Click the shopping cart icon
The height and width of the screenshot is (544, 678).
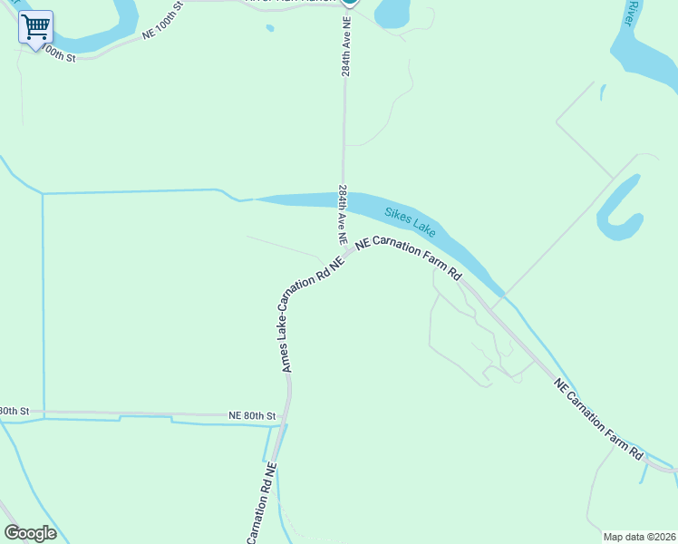tap(35, 27)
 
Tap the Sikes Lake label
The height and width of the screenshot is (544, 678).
tap(410, 222)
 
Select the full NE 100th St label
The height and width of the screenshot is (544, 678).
tap(163, 18)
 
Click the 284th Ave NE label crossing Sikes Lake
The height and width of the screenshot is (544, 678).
tap(344, 215)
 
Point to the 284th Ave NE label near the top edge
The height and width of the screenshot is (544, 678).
tap(345, 46)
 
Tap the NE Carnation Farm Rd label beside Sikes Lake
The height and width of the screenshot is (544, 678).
tap(409, 257)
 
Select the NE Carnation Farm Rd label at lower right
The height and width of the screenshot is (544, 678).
tap(599, 418)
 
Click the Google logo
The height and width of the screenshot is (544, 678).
tap(30, 533)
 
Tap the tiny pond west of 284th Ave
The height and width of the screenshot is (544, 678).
tap(269, 28)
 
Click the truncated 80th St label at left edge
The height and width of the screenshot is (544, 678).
tap(15, 411)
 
